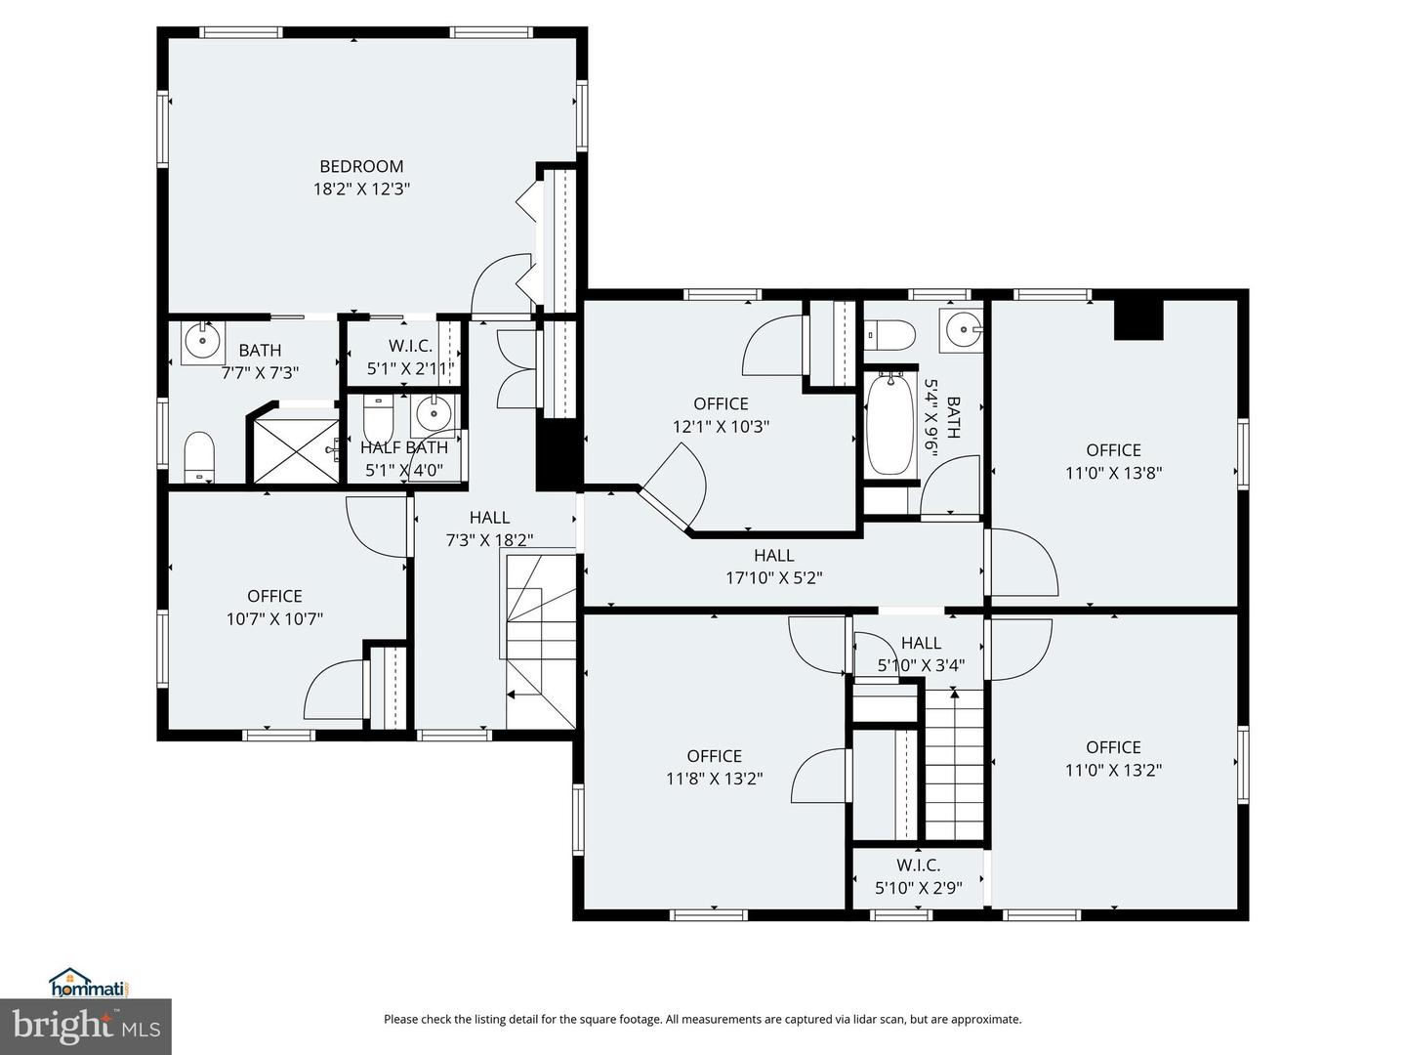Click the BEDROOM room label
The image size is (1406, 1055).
pos(361,166)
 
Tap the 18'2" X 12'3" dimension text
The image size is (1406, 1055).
pos(361,189)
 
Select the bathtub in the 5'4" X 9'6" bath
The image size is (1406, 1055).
pos(889,423)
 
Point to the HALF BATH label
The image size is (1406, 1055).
pos(403,447)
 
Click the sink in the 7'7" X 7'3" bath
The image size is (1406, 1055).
pos(203,343)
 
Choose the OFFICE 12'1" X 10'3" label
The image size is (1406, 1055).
pos(721,415)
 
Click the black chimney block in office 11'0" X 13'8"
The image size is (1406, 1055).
pos(1138,319)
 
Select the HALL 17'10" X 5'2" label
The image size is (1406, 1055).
pos(773,567)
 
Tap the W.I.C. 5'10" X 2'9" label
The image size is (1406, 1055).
pos(919,876)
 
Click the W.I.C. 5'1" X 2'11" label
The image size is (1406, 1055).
pos(410,358)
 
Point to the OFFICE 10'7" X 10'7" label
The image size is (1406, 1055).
pos(274,608)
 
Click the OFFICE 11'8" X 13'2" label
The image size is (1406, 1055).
pos(714,768)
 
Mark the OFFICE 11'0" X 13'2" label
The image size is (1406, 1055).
pos(1113,758)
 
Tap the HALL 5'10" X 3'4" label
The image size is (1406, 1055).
pos(921,654)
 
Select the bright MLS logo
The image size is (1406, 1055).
pos(86,1026)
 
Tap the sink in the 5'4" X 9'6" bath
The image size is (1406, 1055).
pos(961,330)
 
